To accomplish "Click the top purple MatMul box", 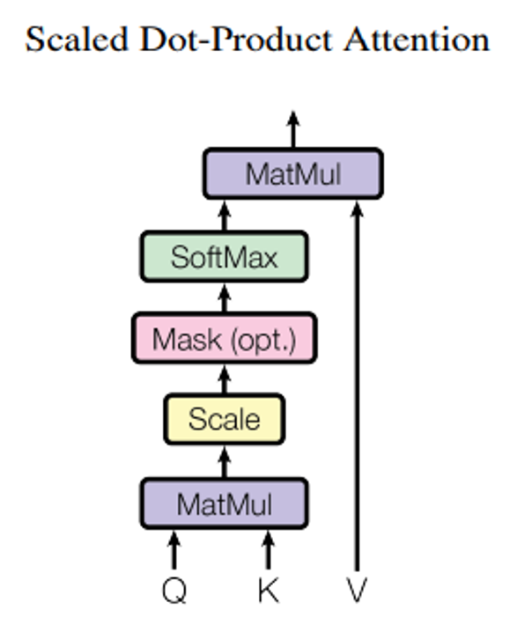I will (x=292, y=173).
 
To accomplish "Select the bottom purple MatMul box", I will (x=224, y=503).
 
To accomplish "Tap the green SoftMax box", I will (x=224, y=256).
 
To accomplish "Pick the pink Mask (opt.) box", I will (x=224, y=338).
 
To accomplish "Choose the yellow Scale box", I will (x=224, y=419).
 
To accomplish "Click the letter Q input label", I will (x=174, y=591).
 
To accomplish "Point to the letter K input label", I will (x=268, y=591).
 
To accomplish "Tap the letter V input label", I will (x=357, y=591).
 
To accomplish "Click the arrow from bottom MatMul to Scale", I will (x=224, y=461).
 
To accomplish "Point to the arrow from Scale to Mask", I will (x=224, y=379).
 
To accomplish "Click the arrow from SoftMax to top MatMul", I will (x=224, y=215).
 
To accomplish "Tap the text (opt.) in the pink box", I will (x=262, y=339).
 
